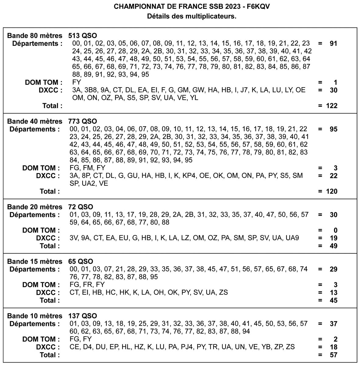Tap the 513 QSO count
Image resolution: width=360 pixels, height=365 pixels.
pyautogui.click(x=82, y=36)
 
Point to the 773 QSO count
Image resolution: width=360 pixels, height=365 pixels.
pyautogui.click(x=82, y=121)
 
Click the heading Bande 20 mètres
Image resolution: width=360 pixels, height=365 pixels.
pyautogui.click(x=34, y=207)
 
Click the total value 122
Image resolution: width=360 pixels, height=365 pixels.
pyautogui.click(x=331, y=106)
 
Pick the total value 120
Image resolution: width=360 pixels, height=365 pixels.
pyautogui.click(x=331, y=192)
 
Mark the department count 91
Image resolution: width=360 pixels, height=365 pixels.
pyautogui.click(x=333, y=44)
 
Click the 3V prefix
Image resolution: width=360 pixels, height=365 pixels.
pyautogui.click(x=74, y=238)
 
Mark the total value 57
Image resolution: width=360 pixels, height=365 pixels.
pyautogui.click(x=333, y=355)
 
